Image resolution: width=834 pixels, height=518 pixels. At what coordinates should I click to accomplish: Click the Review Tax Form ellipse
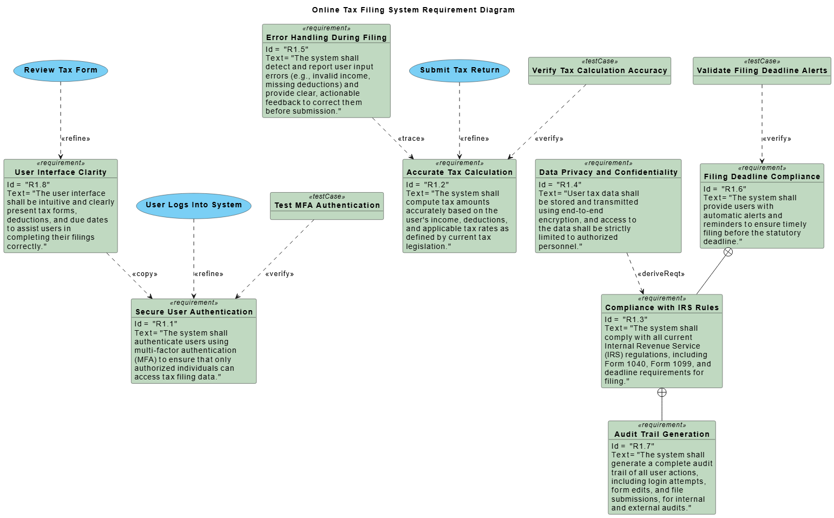click(61, 70)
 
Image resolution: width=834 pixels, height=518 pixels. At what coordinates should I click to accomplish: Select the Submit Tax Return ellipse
click(459, 70)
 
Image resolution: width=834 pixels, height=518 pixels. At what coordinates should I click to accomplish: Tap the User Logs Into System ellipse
click(194, 205)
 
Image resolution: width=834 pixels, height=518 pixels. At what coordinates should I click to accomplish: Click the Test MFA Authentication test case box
click(327, 206)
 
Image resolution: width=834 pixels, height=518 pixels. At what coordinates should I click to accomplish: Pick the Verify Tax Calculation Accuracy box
click(599, 71)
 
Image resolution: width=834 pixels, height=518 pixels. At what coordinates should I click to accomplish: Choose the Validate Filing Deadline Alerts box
click(761, 71)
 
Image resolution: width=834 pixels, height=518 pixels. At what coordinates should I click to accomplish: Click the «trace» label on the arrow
click(411, 139)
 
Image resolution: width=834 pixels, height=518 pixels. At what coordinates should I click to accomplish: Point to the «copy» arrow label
click(145, 274)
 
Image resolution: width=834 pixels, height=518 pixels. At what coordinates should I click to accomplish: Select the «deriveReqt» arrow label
click(661, 274)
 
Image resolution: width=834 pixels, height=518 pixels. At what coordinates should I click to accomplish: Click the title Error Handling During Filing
click(326, 38)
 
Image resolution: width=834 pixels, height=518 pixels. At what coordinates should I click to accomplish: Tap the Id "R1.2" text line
click(428, 185)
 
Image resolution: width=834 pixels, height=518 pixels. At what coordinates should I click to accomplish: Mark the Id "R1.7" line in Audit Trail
click(633, 447)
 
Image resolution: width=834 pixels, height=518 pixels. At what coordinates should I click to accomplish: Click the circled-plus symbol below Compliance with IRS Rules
click(662, 392)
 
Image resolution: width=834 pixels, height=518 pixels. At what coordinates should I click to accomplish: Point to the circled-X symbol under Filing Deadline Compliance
click(728, 252)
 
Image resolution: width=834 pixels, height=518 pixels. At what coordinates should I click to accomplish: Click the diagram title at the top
click(413, 10)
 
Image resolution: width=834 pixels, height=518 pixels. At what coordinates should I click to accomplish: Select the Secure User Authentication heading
click(194, 312)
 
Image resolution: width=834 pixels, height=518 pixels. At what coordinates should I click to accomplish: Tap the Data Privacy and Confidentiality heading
click(608, 173)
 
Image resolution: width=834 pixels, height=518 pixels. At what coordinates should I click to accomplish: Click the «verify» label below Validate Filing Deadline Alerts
click(777, 139)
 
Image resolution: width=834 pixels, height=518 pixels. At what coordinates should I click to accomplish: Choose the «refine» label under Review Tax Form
click(76, 139)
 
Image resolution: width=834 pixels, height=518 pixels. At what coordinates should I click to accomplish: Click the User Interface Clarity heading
click(61, 173)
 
